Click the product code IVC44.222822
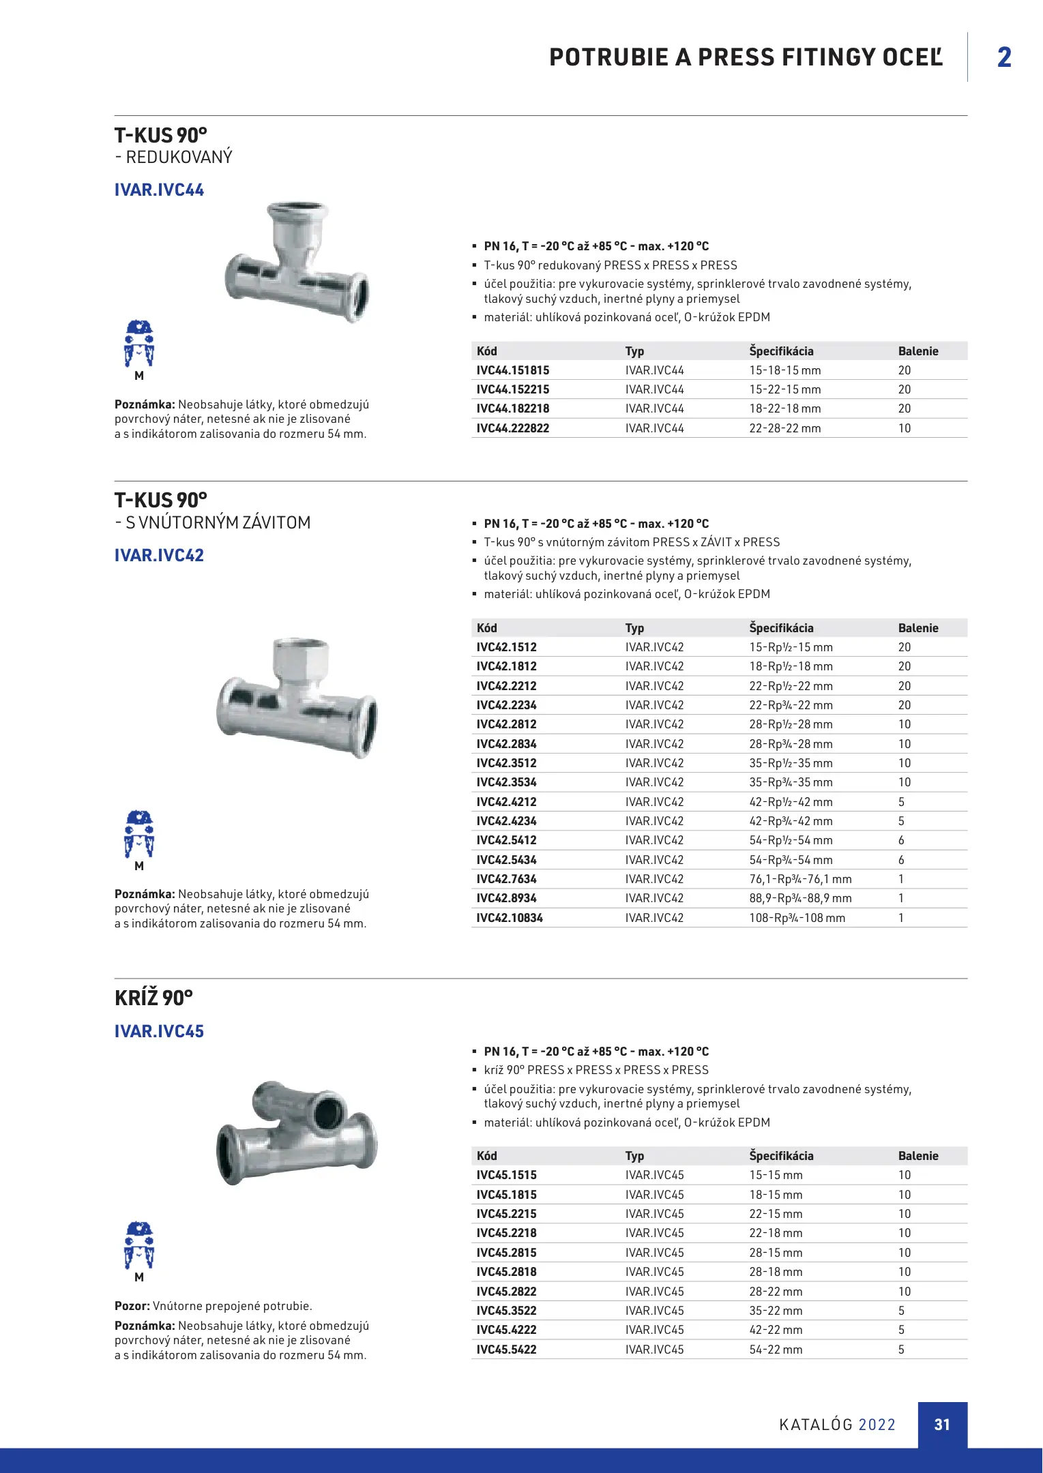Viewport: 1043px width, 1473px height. (x=512, y=428)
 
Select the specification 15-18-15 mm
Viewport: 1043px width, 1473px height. (x=784, y=370)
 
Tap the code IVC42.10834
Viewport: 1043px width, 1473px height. (x=510, y=918)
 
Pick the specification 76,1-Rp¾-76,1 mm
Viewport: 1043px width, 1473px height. (x=800, y=879)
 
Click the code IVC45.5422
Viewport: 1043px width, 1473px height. (x=506, y=1350)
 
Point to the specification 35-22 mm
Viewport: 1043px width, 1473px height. (x=776, y=1311)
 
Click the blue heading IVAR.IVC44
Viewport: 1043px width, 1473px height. (x=159, y=190)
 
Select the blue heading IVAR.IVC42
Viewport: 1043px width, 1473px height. (x=159, y=556)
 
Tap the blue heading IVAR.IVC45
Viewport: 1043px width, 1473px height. (x=159, y=1032)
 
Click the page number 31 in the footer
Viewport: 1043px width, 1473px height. (x=942, y=1425)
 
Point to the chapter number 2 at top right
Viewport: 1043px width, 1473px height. (x=1004, y=57)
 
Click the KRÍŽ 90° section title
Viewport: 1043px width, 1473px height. (x=153, y=998)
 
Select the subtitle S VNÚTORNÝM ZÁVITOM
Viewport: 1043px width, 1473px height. (x=218, y=523)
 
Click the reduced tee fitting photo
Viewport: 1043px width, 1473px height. (x=297, y=263)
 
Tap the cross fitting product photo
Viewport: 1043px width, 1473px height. (x=297, y=1132)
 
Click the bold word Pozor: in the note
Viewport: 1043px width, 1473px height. (x=132, y=1307)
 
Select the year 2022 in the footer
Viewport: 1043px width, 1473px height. (x=877, y=1425)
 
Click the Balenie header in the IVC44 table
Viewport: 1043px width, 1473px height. (x=918, y=351)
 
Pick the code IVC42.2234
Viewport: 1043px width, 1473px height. (x=506, y=705)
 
